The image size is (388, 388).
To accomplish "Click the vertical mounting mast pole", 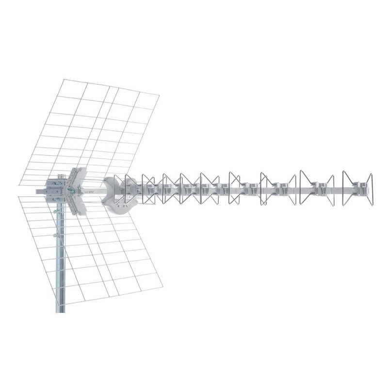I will [60, 262].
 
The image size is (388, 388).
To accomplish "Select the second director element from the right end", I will [316, 187].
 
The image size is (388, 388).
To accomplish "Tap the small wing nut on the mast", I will [56, 236].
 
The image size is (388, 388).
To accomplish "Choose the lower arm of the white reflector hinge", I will [78, 207].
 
